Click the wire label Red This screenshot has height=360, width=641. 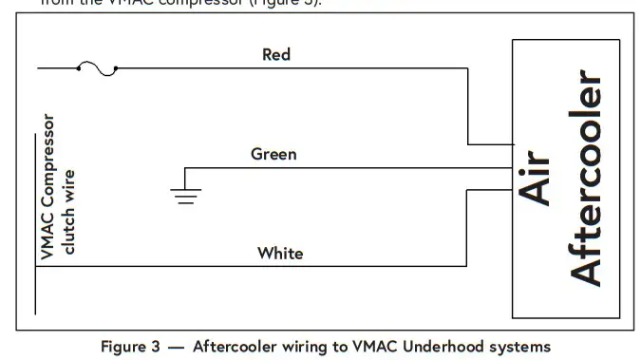276,54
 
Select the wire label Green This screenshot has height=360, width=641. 273,153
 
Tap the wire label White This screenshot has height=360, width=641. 280,253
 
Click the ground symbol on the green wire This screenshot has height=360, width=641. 184,196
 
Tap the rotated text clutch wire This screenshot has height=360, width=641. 68,212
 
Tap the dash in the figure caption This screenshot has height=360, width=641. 176,346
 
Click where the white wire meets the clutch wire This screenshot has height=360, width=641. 37,266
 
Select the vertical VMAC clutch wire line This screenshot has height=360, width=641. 37,285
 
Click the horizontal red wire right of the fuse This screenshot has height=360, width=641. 285,68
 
